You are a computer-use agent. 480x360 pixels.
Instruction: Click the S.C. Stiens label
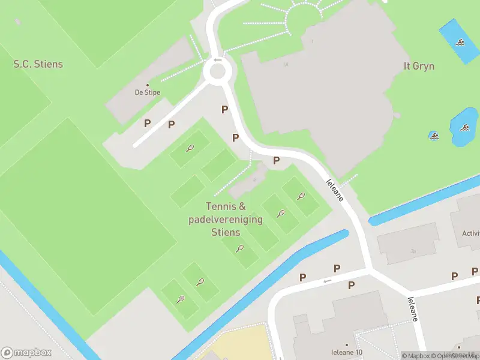pos(38,64)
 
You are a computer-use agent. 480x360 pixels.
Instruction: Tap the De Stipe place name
pos(147,92)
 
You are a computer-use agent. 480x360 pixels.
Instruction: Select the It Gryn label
pos(419,66)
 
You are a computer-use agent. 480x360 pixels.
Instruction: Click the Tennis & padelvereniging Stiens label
pos(226,219)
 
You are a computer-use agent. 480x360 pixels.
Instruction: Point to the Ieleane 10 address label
pos(347,352)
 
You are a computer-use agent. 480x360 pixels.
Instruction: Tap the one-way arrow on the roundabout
pos(217,59)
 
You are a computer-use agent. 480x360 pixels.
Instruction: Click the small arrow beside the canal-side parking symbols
pos(327,281)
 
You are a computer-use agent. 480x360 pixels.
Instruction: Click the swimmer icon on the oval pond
pos(464,127)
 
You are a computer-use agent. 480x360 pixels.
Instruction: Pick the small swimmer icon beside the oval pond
pos(433,135)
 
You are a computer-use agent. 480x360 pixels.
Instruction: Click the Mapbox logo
pos(26,352)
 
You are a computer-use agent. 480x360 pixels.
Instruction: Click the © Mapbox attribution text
pos(413,356)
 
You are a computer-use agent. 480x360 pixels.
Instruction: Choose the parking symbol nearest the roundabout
pos(224,109)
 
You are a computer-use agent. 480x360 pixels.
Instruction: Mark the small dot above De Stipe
pos(148,85)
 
